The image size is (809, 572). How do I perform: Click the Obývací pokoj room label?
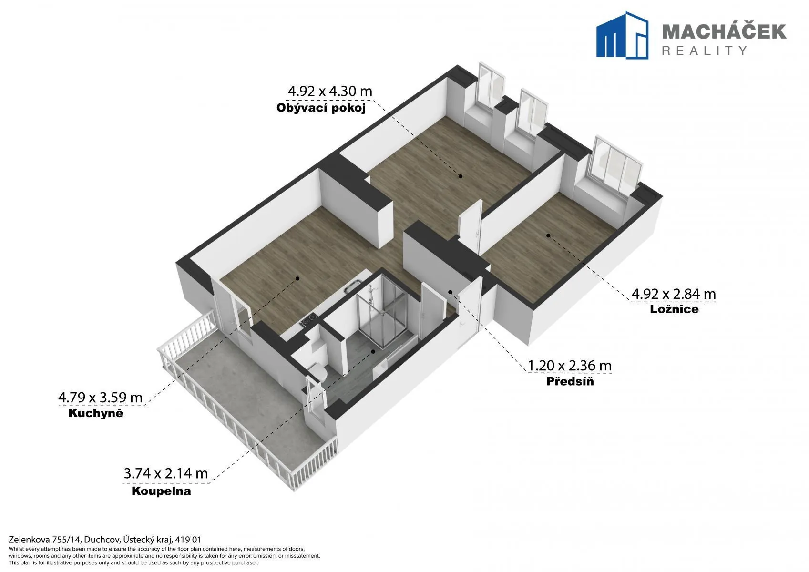pos(321,108)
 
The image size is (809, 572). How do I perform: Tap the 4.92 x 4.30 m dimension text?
pos(330,91)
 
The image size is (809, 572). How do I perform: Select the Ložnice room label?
pos(674,309)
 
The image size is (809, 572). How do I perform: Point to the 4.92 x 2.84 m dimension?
pos(674,294)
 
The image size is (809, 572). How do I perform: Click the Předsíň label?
pos(570,381)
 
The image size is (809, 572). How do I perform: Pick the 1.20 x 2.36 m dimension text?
pos(570,366)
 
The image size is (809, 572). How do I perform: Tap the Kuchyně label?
pos(96,413)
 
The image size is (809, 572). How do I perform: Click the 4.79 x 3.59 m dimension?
pos(101,398)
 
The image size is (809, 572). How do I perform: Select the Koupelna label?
pos(161,491)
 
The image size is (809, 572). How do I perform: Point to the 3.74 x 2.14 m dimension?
pos(166,473)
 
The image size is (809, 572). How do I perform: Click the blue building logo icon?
pos(622,35)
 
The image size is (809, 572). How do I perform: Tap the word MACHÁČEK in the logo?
pos(724,32)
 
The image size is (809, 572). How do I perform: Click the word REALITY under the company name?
pos(704,51)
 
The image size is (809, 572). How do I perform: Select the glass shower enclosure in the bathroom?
pos(382,311)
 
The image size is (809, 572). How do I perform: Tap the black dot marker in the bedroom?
pos(548,235)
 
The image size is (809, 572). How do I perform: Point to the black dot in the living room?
pos(461,176)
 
